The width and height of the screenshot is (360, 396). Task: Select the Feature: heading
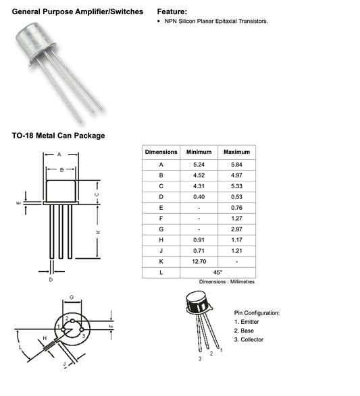tap(172, 12)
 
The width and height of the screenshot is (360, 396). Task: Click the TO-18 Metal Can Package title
tap(58, 136)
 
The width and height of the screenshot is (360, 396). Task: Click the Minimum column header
tap(199, 152)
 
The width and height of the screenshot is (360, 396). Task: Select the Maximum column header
tap(236, 152)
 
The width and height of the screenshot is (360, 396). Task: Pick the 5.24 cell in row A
tap(199, 165)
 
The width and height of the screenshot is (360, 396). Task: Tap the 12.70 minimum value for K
tap(199, 260)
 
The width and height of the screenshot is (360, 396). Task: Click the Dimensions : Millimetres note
tap(227, 282)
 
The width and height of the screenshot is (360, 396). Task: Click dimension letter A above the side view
tap(61, 154)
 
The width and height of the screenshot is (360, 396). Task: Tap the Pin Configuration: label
tap(257, 313)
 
